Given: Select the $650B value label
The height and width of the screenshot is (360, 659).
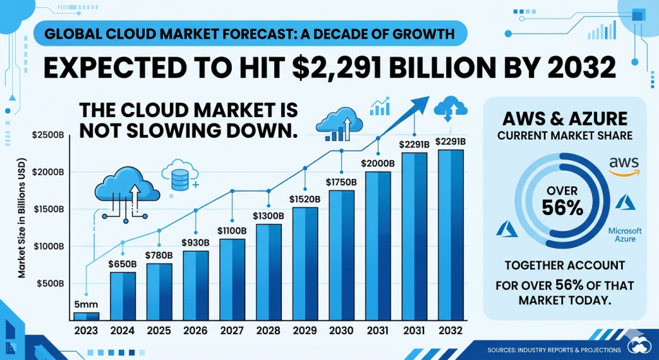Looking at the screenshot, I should click(122, 264).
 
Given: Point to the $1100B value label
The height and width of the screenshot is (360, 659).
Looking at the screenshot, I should click(232, 230).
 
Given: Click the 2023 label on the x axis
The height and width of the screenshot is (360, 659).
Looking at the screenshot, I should click(86, 330).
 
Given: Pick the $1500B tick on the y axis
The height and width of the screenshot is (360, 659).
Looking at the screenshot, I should click(47, 209).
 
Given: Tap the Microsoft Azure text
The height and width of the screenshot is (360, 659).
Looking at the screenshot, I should click(624, 234).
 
